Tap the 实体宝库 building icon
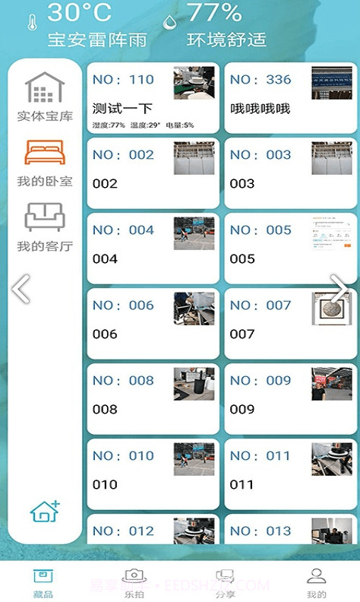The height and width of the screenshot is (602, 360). pyautogui.click(x=45, y=88)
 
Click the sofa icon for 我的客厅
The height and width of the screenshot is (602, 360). pyautogui.click(x=45, y=217)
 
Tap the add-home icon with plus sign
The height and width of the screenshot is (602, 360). pyautogui.click(x=45, y=512)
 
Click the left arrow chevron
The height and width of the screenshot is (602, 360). pyautogui.click(x=21, y=289)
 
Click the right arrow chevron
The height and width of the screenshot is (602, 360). pyautogui.click(x=340, y=289)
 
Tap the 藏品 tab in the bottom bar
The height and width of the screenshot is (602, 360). pyautogui.click(x=43, y=582)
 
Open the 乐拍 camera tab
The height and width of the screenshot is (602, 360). pyautogui.click(x=134, y=582)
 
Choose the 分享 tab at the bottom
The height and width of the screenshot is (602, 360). pyautogui.click(x=224, y=582)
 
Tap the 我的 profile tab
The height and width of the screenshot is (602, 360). pyautogui.click(x=316, y=582)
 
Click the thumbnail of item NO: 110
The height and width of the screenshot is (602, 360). pyautogui.click(x=194, y=83)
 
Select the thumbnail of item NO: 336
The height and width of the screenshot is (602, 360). pyautogui.click(x=331, y=83)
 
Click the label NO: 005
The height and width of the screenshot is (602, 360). pyautogui.click(x=261, y=230)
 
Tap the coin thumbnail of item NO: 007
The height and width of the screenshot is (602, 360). pyautogui.click(x=332, y=309)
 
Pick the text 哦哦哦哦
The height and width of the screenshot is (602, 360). pyautogui.click(x=260, y=109)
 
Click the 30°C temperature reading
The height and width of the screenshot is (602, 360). pyautogui.click(x=79, y=12)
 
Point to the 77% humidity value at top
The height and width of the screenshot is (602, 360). pyautogui.click(x=214, y=12)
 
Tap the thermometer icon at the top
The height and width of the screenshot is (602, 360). pyautogui.click(x=32, y=23)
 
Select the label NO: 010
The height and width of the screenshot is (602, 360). pyautogui.click(x=123, y=456)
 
